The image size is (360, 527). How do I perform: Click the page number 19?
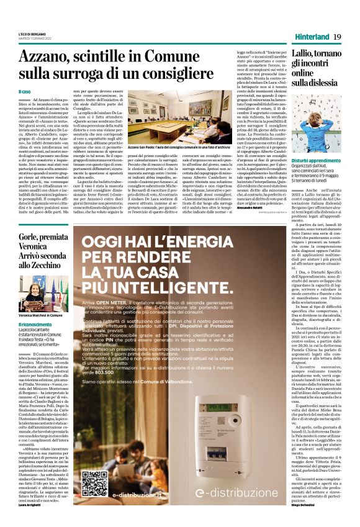pyautogui.click(x=338, y=38)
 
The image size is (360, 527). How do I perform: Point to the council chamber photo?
pyautogui.click(x=161, y=115)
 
